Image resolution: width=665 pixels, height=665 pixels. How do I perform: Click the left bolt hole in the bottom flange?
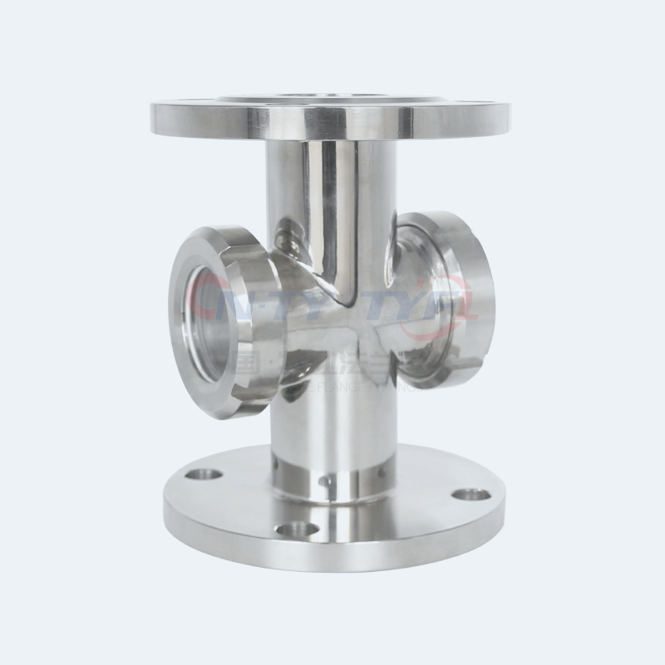coord(204,475)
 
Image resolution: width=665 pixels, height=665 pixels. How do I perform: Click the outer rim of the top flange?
coord(332,125)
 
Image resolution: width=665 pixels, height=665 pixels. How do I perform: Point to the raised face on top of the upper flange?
coord(332,98)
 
